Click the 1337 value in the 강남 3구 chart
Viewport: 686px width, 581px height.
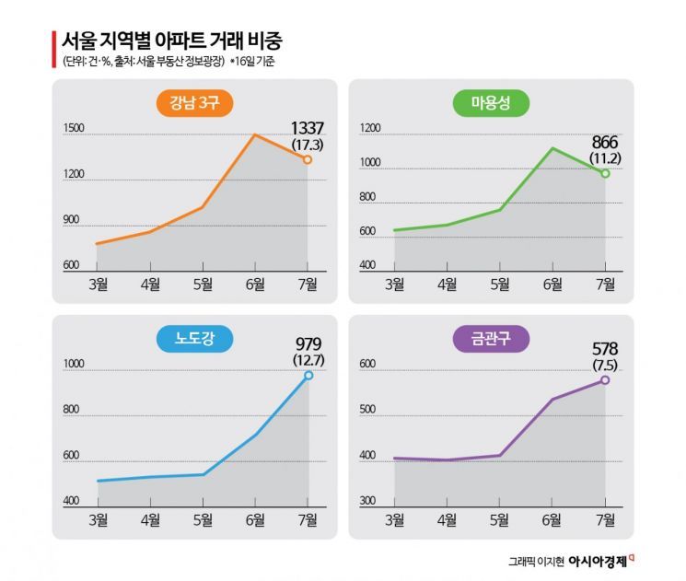(x=308, y=128)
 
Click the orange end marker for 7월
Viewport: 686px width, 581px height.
(x=308, y=159)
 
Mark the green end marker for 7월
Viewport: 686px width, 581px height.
(x=605, y=173)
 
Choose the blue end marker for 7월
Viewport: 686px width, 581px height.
(x=308, y=375)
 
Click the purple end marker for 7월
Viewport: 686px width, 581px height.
(x=605, y=379)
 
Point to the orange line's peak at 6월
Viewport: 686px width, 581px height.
(x=255, y=135)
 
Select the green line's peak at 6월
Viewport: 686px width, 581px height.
(x=552, y=148)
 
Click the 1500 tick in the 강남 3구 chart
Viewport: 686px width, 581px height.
(x=74, y=129)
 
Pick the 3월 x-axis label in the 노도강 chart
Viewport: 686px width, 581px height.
(x=98, y=519)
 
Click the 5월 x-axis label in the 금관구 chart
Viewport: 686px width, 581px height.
(x=500, y=519)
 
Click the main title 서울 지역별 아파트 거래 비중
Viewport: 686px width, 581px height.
(x=171, y=41)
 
